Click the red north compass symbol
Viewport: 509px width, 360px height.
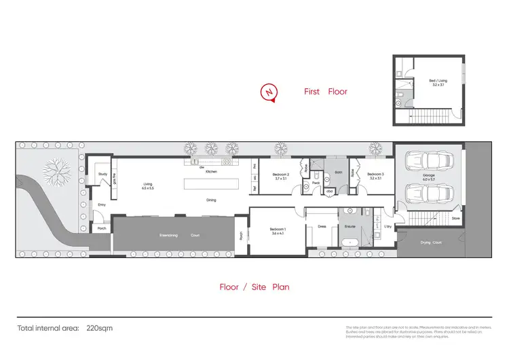(270, 92)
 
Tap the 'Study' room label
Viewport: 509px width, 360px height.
(103, 175)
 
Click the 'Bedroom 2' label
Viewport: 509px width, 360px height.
(281, 175)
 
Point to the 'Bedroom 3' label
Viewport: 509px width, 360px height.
(375, 175)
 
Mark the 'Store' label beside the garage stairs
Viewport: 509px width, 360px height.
(455, 218)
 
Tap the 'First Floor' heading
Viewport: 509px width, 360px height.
(326, 91)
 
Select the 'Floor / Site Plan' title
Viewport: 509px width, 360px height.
(254, 287)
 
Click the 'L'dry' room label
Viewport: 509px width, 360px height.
(388, 226)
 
